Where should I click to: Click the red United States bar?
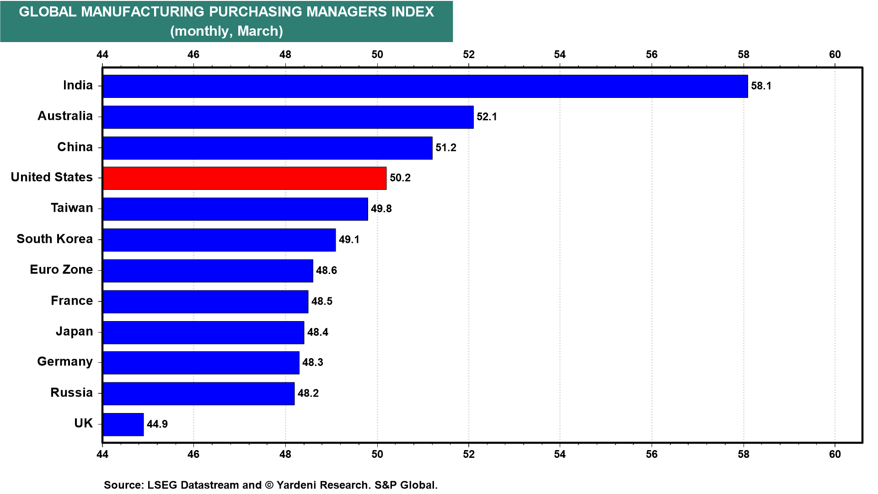(245, 178)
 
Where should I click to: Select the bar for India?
(425, 86)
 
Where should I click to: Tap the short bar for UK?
(123, 424)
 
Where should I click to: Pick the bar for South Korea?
(219, 240)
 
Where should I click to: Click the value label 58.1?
(761, 86)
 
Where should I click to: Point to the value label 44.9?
(157, 424)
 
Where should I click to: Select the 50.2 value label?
(400, 178)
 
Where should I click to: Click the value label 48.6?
(327, 270)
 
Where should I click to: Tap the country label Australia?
(65, 116)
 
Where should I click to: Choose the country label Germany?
(65, 362)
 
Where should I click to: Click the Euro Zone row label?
(61, 270)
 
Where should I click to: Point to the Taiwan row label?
(72, 208)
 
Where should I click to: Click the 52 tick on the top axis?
(469, 54)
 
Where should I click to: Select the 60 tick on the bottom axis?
(835, 454)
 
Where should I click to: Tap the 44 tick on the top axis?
(102, 54)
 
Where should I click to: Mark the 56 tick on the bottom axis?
(652, 454)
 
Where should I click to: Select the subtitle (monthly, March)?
(226, 31)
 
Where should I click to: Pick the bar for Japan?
(203, 332)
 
